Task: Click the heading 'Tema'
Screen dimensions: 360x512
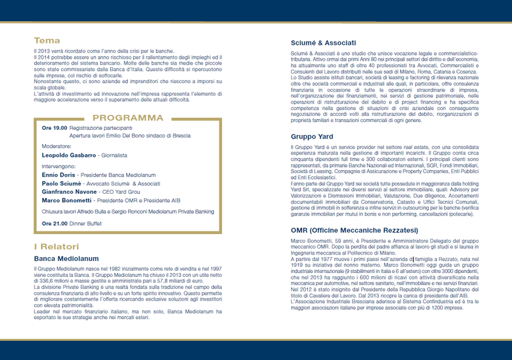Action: tap(47, 40)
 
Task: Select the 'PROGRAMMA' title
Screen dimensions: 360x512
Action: tap(128, 118)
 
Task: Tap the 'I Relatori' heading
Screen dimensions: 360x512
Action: tap(56, 247)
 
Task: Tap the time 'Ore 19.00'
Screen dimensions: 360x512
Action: tap(54, 128)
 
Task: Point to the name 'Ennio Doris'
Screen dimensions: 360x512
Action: tap(58, 174)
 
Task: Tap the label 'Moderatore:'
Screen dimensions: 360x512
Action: tap(56, 146)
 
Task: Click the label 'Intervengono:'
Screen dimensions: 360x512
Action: tap(58, 165)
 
